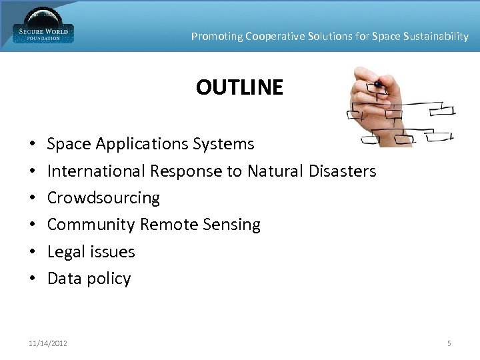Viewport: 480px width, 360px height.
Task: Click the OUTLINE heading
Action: [x=239, y=87]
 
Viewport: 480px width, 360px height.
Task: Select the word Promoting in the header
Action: [x=217, y=37]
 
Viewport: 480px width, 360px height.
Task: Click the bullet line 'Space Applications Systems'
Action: [x=151, y=144]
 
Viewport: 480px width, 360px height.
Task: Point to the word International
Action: [x=97, y=171]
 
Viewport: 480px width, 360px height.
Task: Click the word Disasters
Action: [x=343, y=171]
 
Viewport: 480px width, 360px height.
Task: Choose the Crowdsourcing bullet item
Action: [x=103, y=198]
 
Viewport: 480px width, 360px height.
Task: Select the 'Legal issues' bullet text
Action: [x=91, y=252]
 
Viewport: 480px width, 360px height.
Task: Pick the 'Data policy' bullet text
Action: [x=89, y=279]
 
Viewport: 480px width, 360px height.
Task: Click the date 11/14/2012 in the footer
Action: [x=47, y=343]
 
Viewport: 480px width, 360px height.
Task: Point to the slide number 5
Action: [x=449, y=343]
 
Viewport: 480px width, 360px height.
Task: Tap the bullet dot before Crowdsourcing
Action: [x=32, y=199]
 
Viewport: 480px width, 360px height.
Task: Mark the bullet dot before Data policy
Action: [x=32, y=279]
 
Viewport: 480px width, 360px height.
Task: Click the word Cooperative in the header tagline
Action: [x=275, y=37]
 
